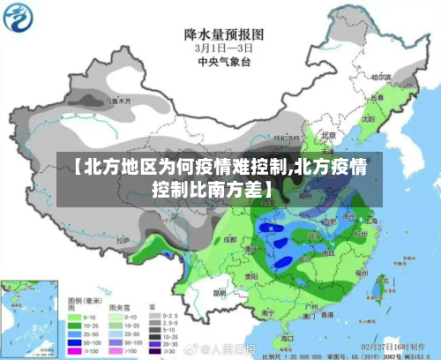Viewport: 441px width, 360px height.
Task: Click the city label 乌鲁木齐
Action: [x=117, y=102]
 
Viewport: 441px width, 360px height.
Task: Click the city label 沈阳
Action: [x=368, y=116]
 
